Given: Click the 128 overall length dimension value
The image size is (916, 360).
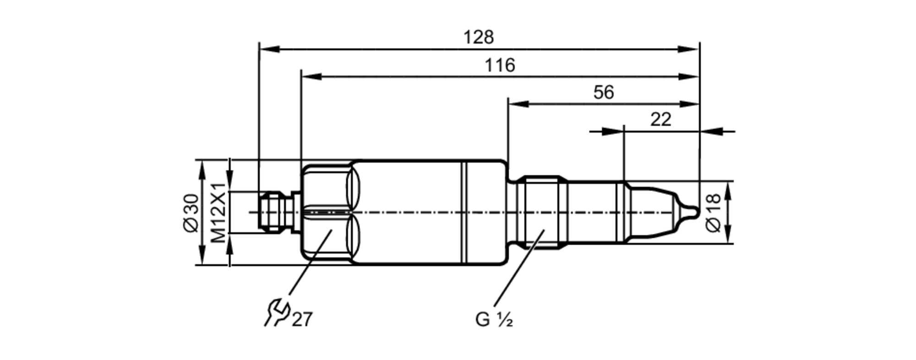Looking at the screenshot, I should [479, 38].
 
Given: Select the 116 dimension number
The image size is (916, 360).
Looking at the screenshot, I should [500, 65].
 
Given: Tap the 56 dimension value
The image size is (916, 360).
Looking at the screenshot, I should [603, 92].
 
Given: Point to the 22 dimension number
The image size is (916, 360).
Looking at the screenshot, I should [660, 120].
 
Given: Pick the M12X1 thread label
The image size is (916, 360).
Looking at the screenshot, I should [218, 213].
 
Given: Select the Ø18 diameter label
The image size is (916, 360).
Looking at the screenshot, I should [714, 213].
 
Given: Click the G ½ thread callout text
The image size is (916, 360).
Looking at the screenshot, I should [494, 320].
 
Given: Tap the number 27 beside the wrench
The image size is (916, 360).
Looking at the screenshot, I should [302, 320].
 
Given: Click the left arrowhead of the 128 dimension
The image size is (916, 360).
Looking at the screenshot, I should [268, 49].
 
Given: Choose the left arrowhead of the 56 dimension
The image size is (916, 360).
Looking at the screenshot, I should [518, 104].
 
